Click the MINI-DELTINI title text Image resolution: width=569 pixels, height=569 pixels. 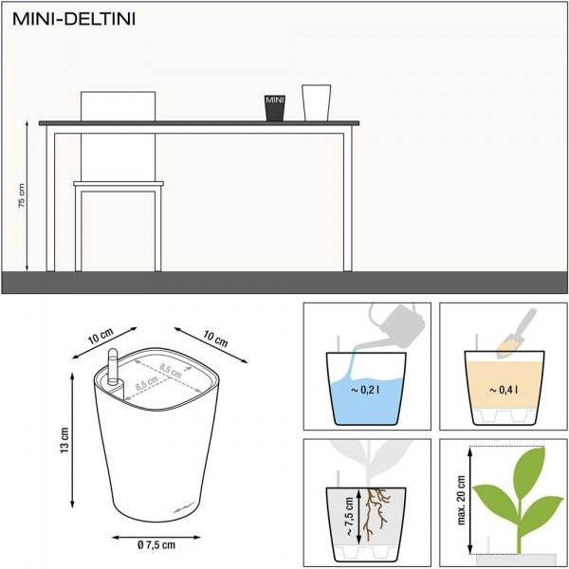pyautogui.click(x=74, y=19)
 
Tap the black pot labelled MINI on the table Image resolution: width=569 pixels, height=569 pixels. pyautogui.click(x=275, y=108)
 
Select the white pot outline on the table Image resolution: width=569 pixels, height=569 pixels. pyautogui.click(x=316, y=102)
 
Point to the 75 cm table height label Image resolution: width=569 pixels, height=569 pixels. pyautogui.click(x=22, y=195)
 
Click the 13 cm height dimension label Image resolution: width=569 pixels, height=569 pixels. pyautogui.click(x=64, y=440)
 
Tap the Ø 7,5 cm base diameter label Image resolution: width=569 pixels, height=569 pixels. pyautogui.click(x=156, y=544)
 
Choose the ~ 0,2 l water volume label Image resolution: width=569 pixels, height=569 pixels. pyautogui.click(x=366, y=390)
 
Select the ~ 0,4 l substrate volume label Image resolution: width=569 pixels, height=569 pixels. pyautogui.click(x=504, y=390)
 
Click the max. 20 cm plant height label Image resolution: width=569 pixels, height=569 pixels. pyautogui.click(x=462, y=500)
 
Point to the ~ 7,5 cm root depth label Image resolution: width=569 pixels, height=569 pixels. pyautogui.click(x=349, y=517)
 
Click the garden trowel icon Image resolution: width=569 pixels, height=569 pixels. pyautogui.click(x=516, y=333)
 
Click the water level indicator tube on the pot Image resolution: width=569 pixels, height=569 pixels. pyautogui.click(x=113, y=366)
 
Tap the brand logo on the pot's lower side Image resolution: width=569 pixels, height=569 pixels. pyautogui.click(x=185, y=507)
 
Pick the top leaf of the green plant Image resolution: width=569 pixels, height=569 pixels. pyautogui.click(x=529, y=468)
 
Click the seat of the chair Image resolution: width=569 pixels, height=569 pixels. pyautogui.click(x=119, y=184)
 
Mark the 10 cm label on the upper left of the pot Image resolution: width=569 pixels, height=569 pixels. pyautogui.click(x=101, y=337)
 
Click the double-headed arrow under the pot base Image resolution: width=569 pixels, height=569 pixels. pyautogui.click(x=156, y=538)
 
